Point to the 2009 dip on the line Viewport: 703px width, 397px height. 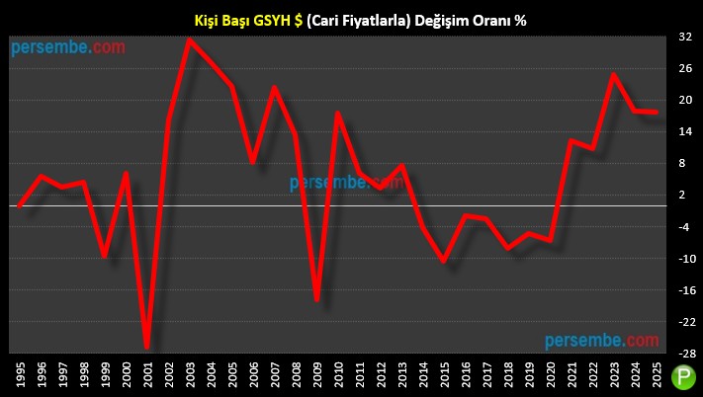click(316, 299)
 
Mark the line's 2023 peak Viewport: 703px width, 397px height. click(614, 75)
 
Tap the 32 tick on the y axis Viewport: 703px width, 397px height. click(684, 38)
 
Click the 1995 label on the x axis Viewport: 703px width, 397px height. click(21, 376)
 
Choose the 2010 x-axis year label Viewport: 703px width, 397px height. click(338, 376)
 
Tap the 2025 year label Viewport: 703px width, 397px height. click(657, 376)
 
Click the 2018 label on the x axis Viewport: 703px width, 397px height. click(508, 376)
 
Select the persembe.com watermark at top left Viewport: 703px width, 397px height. click(69, 46)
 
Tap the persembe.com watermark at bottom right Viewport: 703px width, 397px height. click(601, 340)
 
